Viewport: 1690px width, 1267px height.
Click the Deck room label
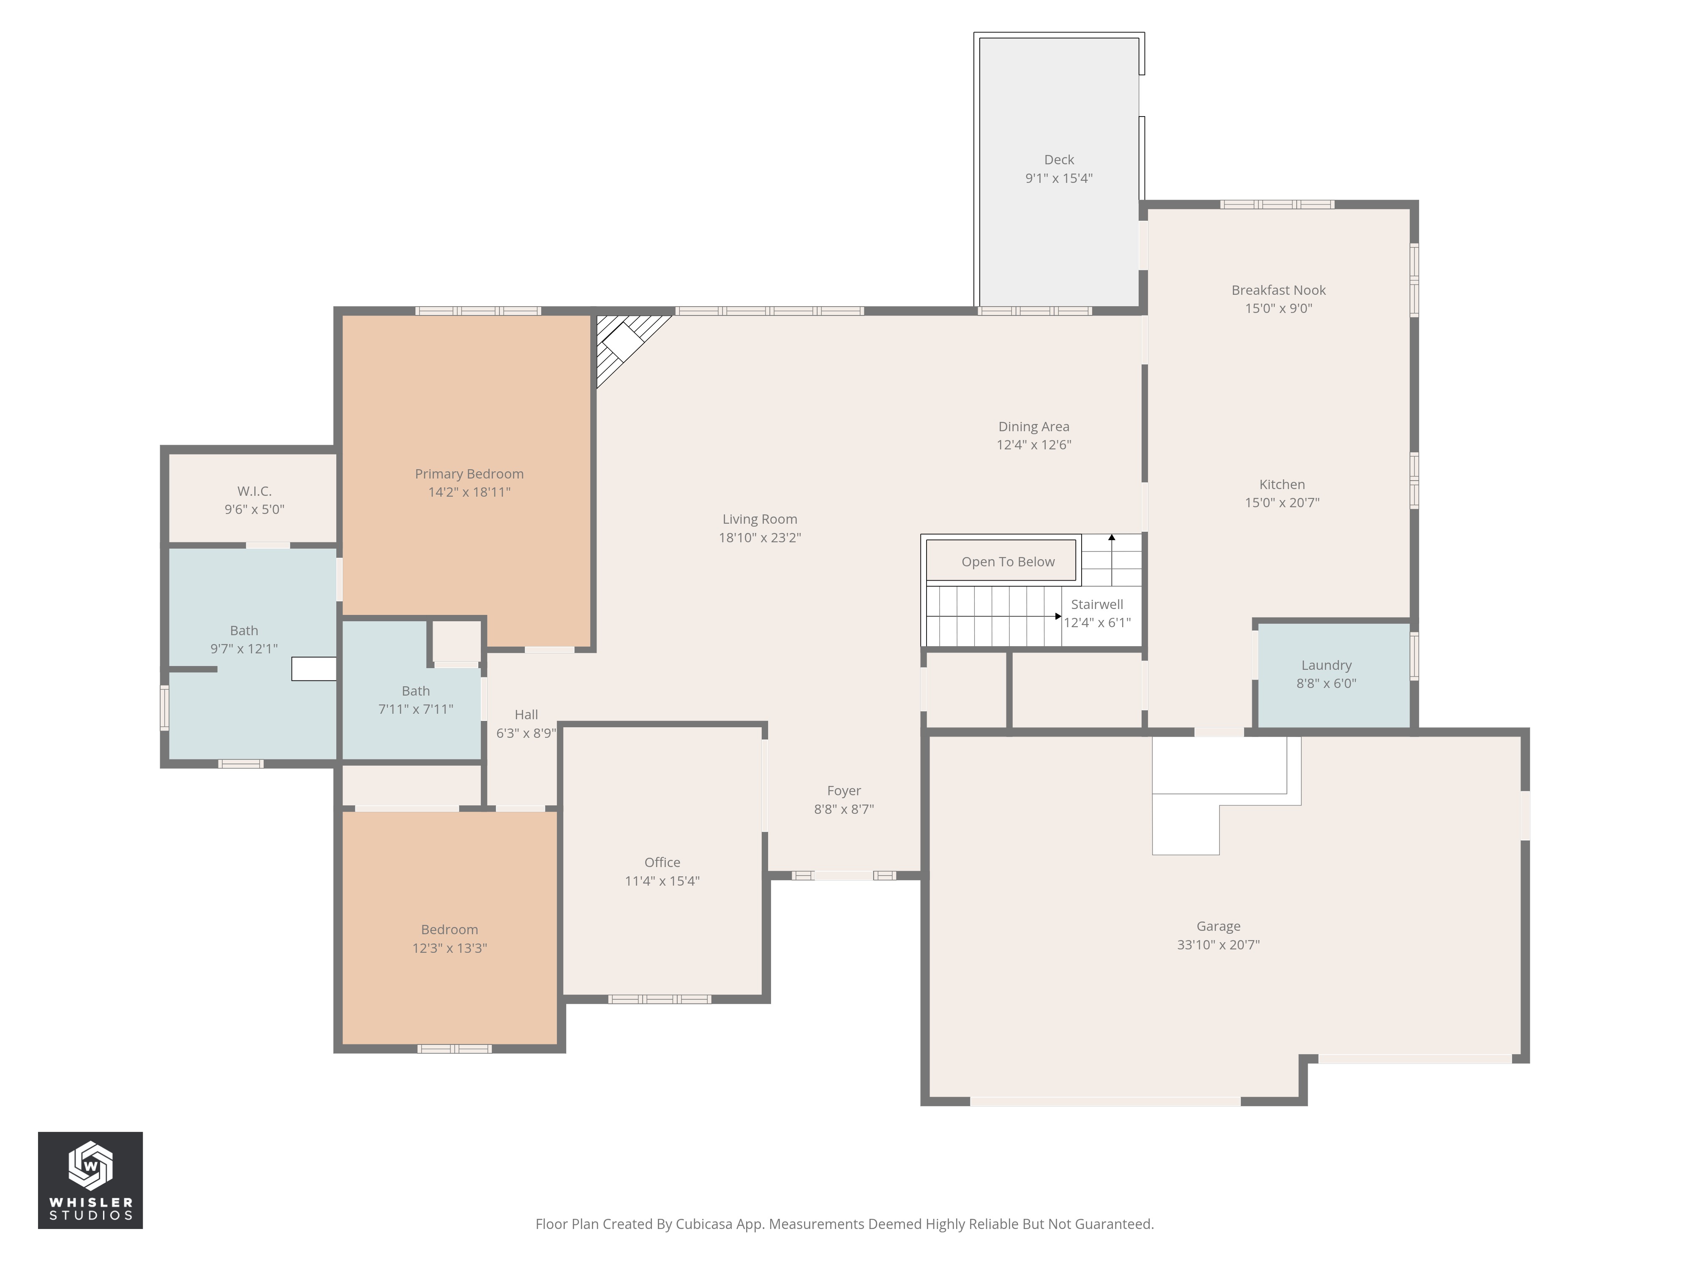[x=1058, y=160]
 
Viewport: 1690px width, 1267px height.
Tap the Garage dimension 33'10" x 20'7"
[x=1218, y=945]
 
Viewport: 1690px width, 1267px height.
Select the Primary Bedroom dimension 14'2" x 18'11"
[x=469, y=492]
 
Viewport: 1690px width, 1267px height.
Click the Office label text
[x=662, y=862]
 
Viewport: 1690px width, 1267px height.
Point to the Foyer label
[x=843, y=791]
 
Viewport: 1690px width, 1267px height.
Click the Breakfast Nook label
[x=1278, y=290]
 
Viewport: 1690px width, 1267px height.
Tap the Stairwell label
[x=1096, y=604]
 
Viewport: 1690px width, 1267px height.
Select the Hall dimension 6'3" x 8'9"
[x=526, y=733]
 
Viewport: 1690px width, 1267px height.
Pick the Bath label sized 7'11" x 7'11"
[x=416, y=691]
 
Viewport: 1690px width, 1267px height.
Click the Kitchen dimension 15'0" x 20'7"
[x=1281, y=503]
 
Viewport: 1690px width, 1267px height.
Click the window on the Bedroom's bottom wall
[x=454, y=1049]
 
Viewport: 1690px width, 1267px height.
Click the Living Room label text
[x=759, y=519]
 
